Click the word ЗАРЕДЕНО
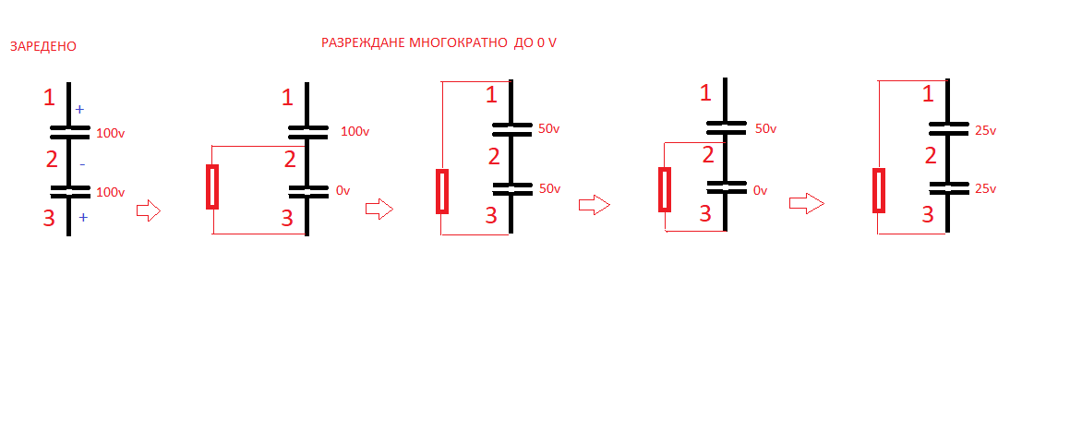click(42, 46)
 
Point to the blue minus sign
click(81, 164)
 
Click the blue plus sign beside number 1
click(79, 109)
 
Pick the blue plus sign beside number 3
click(82, 218)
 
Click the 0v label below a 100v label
click(343, 190)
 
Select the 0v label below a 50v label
click(761, 190)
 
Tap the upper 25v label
click(985, 130)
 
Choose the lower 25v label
click(985, 188)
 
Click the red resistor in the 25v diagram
click(879, 190)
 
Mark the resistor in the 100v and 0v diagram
click(212, 186)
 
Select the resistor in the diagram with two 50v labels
click(442, 191)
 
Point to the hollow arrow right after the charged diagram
click(148, 211)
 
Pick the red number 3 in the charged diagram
click(51, 219)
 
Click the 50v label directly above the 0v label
click(766, 129)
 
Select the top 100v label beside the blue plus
click(110, 134)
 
